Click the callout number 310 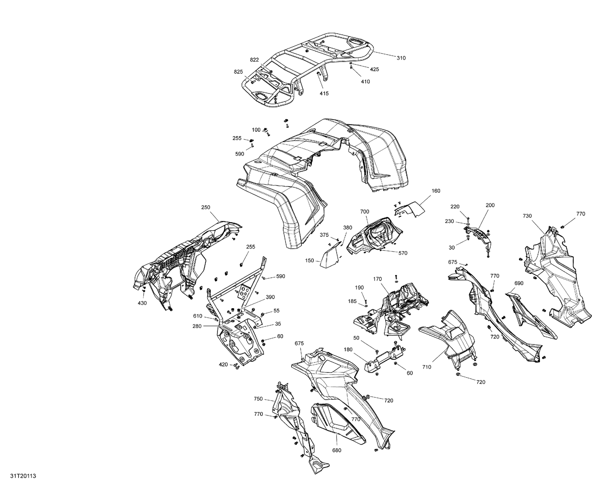401,58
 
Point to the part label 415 324,94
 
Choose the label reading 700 364,212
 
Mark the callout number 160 436,191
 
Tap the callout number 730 527,216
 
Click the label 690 519,283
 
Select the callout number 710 426,367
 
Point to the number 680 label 337,450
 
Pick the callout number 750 258,399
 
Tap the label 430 142,303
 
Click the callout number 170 377,279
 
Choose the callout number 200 490,205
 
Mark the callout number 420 223,364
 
